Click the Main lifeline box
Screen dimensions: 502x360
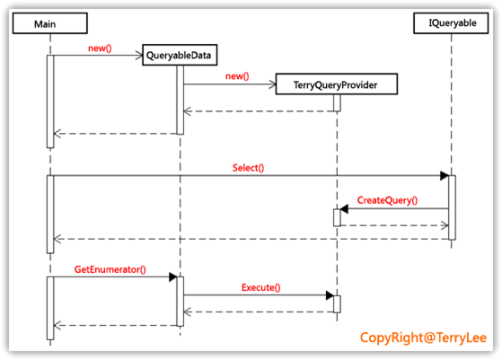[x=50, y=23]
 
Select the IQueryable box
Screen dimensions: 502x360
[x=451, y=23]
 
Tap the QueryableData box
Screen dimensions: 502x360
[x=180, y=55]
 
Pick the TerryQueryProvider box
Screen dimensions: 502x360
[x=337, y=84]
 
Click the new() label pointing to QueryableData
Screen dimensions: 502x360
[x=100, y=48]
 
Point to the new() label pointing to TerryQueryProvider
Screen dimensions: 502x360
[x=237, y=76]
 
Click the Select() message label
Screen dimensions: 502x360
[x=249, y=168]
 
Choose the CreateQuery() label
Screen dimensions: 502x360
[x=387, y=200]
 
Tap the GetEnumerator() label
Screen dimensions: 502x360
[x=110, y=269]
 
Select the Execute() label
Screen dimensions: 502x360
[x=261, y=287]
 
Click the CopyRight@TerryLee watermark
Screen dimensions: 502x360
[x=423, y=338]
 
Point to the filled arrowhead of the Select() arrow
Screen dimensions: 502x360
[x=445, y=175]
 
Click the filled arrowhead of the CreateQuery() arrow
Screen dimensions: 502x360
[x=344, y=209]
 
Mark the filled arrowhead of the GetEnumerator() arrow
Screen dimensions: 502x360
[x=173, y=277]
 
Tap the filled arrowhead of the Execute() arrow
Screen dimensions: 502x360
[x=330, y=295]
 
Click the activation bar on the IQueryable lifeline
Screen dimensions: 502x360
[x=452, y=207]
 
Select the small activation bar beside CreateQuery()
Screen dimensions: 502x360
[x=337, y=217]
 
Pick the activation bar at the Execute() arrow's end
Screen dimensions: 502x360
[x=337, y=304]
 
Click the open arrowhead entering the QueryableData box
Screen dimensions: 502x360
[x=139, y=56]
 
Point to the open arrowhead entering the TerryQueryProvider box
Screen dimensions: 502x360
[x=272, y=84]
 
